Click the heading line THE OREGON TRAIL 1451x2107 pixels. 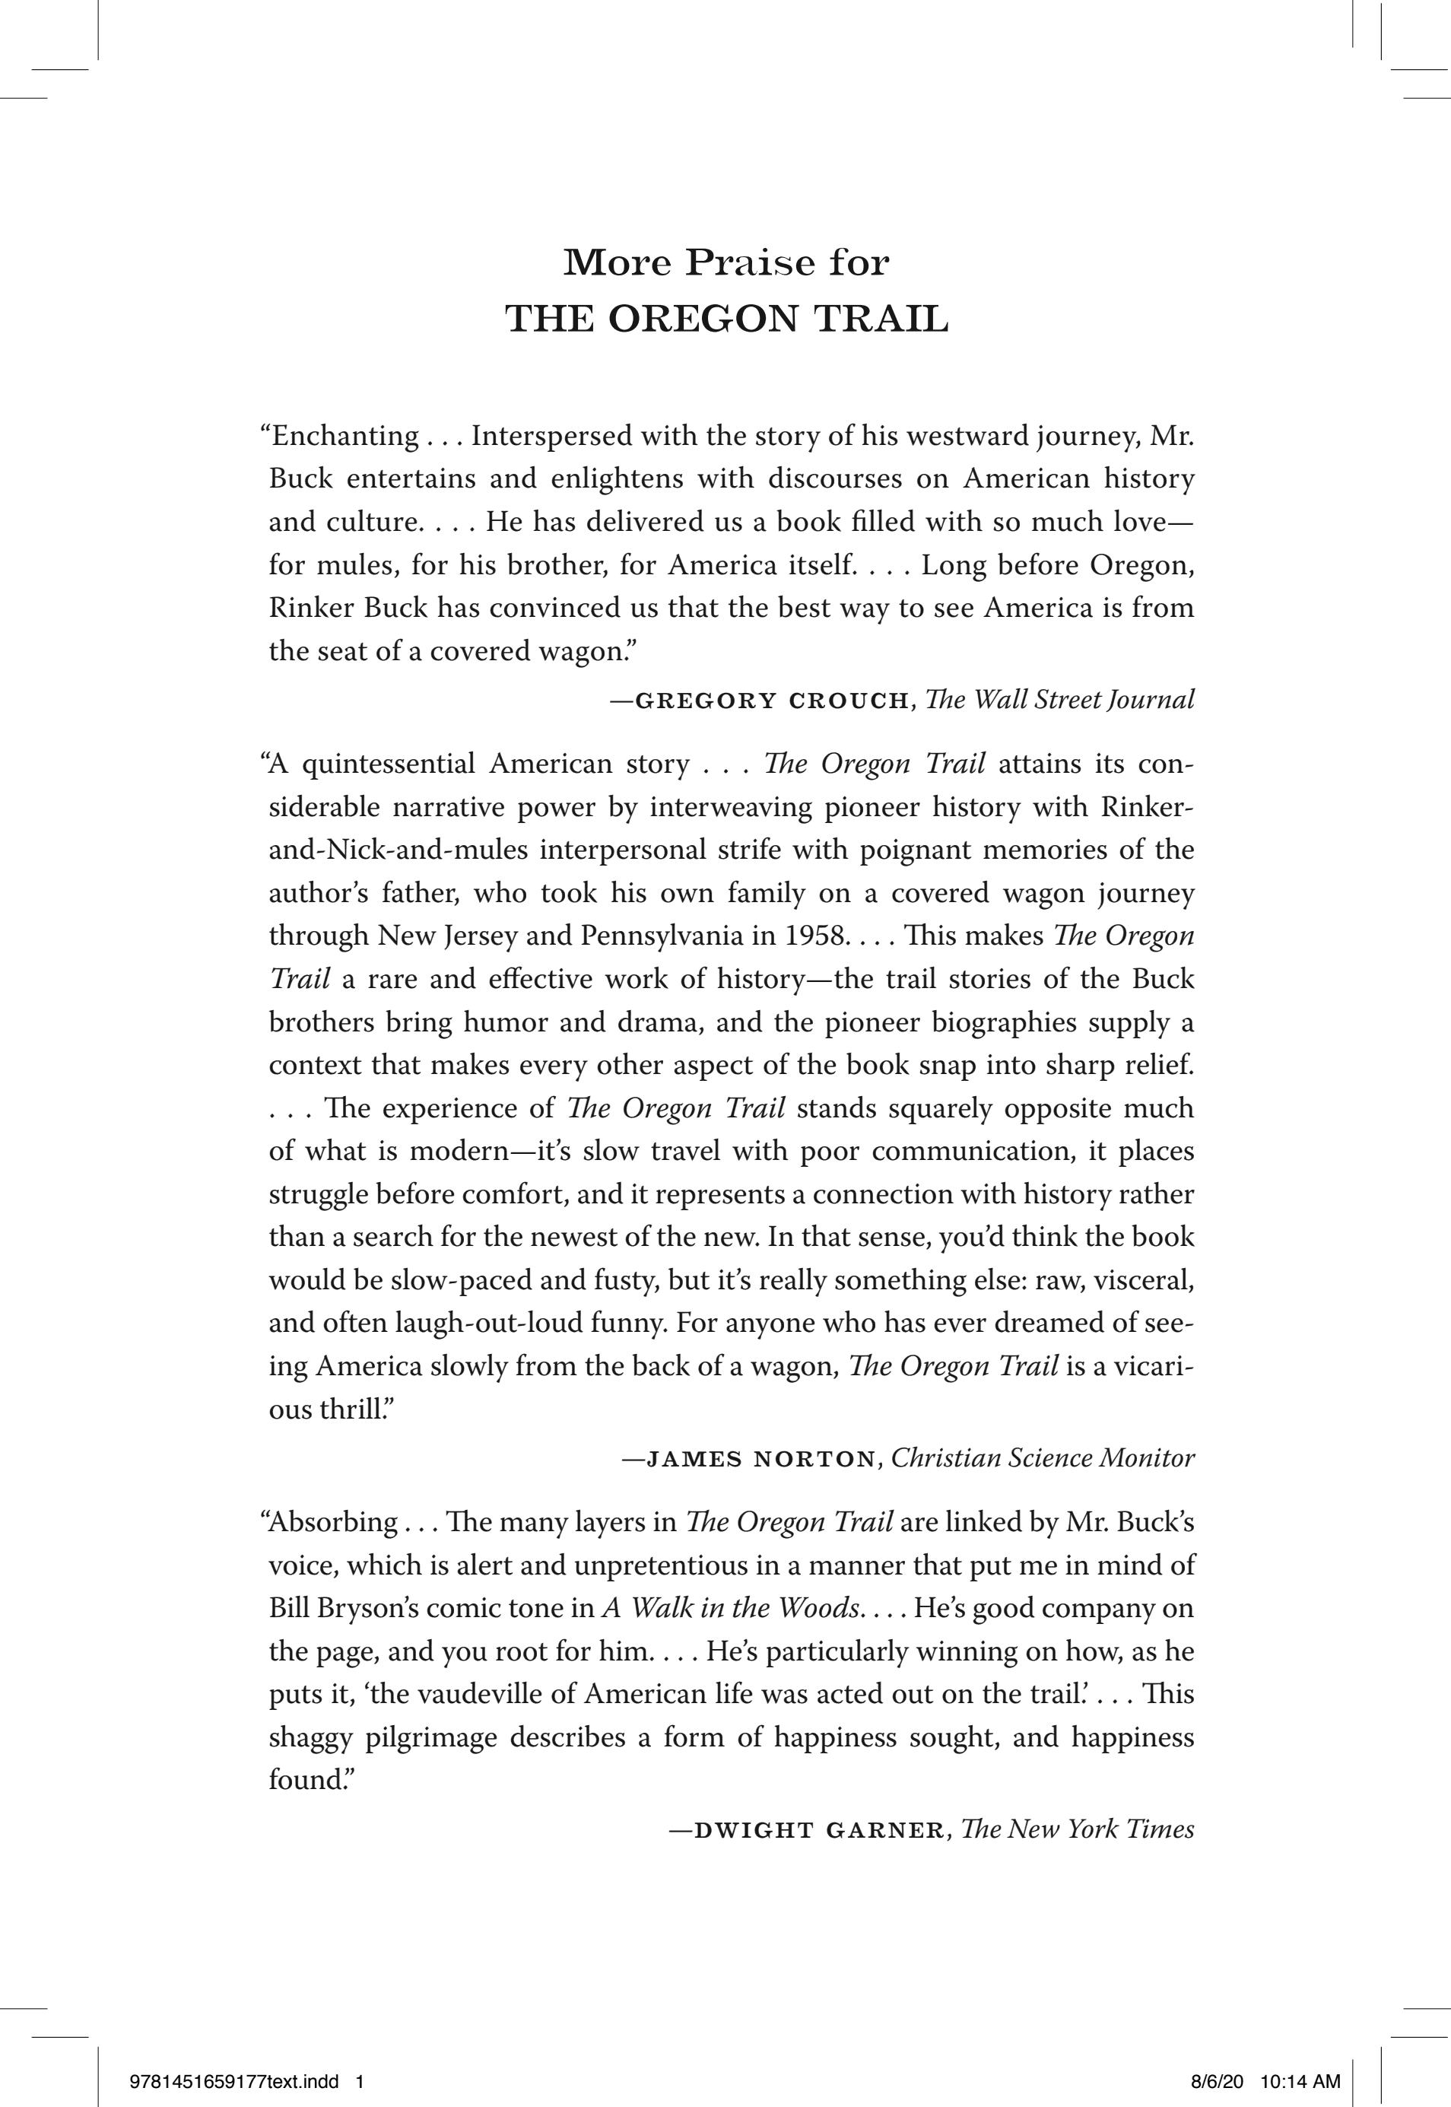(x=725, y=319)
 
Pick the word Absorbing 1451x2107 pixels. (x=334, y=1521)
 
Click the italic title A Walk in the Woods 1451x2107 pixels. (x=730, y=1608)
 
